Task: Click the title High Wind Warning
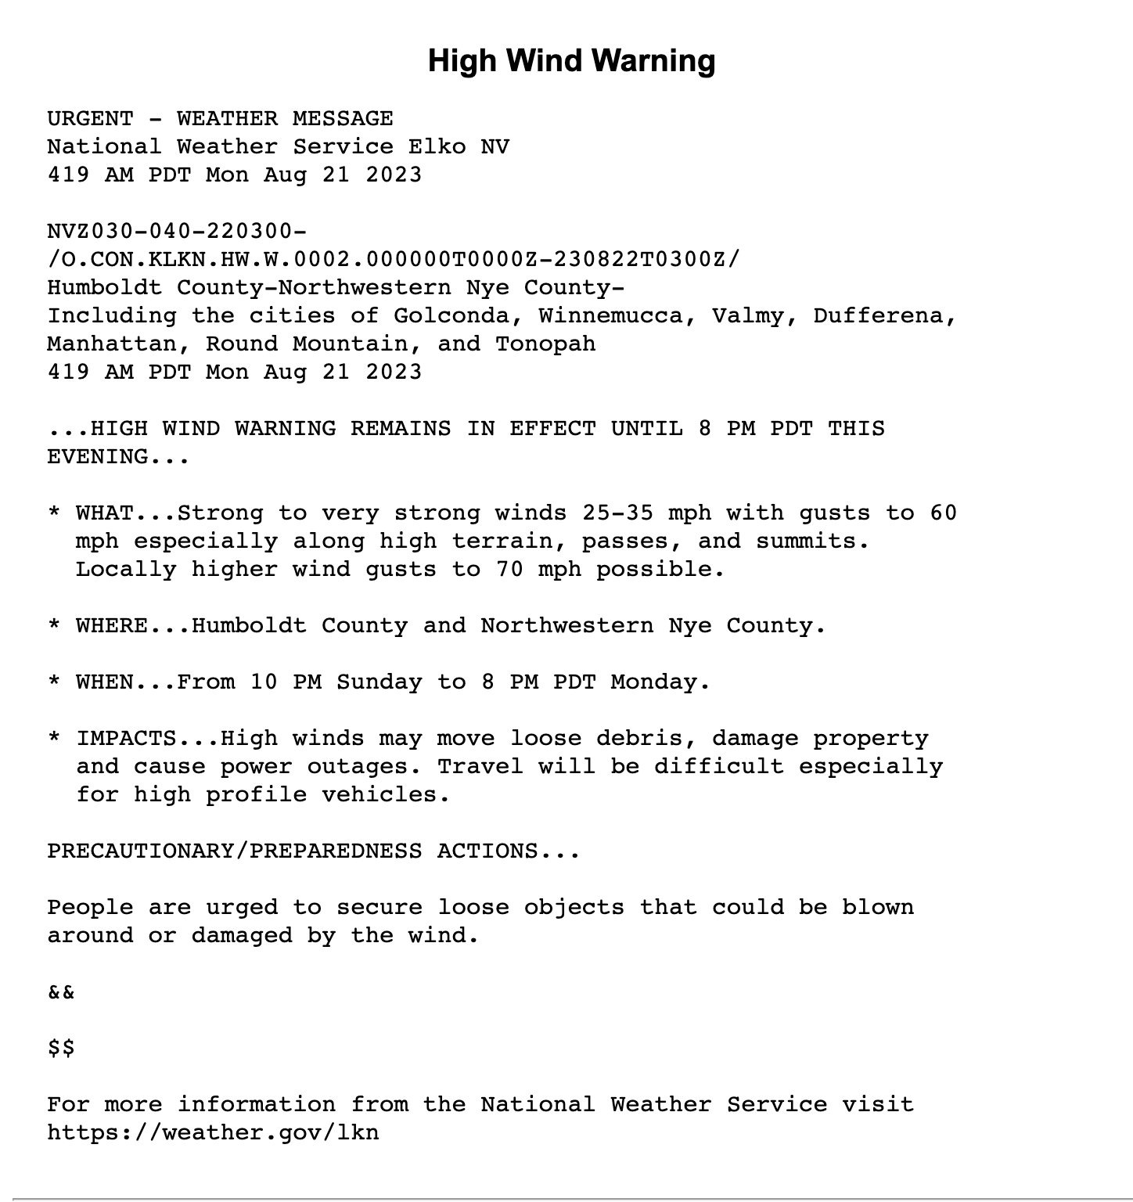pyautogui.click(x=571, y=61)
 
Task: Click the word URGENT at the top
pyautogui.click(x=90, y=119)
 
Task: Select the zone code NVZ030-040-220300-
pyautogui.click(x=177, y=232)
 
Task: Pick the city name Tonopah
pyautogui.click(x=545, y=344)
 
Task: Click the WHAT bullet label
pyautogui.click(x=105, y=513)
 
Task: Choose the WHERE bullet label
pyautogui.click(x=112, y=626)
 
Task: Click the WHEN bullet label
pyautogui.click(x=105, y=682)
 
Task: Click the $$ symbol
pyautogui.click(x=61, y=1049)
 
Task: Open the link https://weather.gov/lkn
pyautogui.click(x=213, y=1133)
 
